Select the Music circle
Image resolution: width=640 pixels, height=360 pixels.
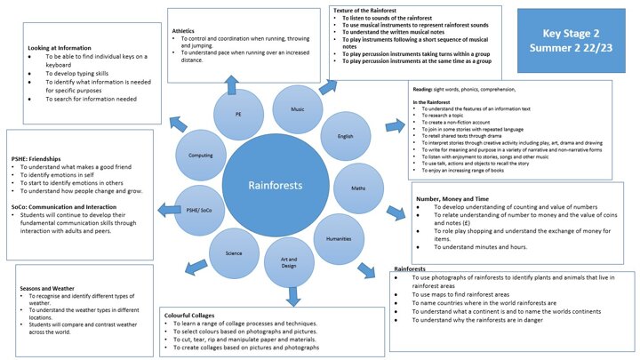click(296, 108)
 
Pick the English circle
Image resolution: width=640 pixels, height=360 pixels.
click(345, 136)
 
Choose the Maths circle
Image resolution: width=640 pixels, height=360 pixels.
click(359, 188)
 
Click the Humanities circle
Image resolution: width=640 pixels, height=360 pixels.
click(339, 239)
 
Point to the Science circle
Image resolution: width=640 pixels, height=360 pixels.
click(234, 253)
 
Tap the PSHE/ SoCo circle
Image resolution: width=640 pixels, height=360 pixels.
click(200, 211)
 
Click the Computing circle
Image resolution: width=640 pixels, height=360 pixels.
click(201, 155)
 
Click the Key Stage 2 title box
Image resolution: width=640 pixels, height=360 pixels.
click(577, 40)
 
